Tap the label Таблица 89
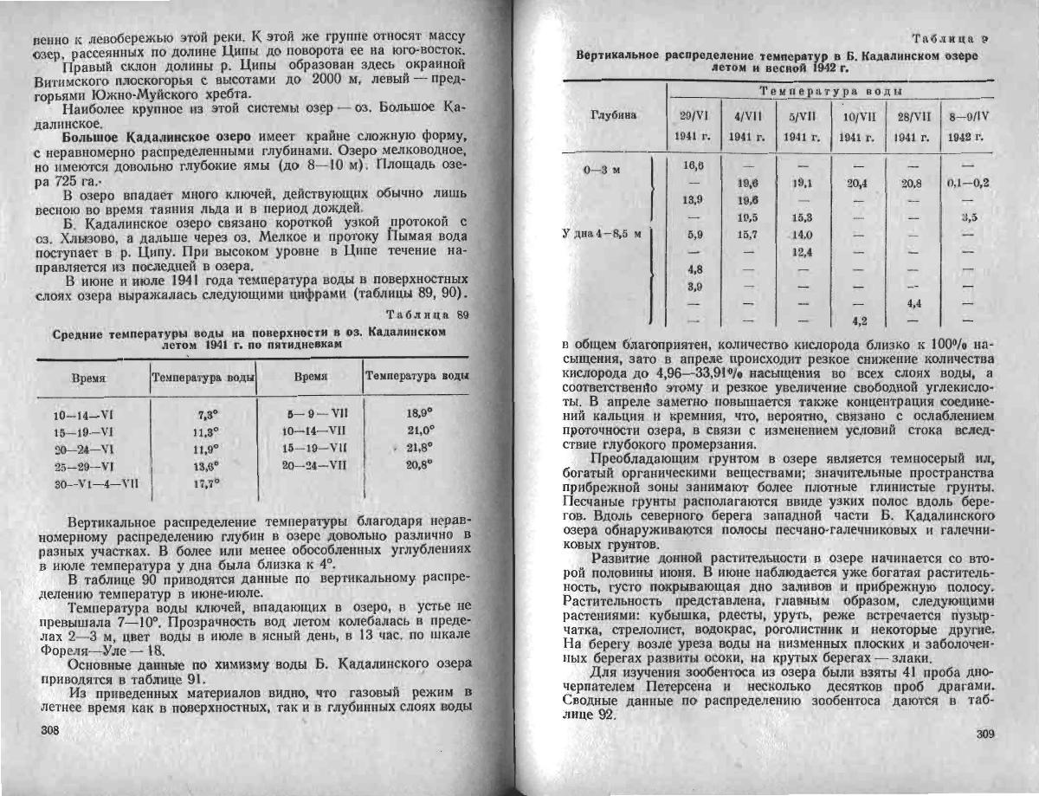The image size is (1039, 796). [426, 314]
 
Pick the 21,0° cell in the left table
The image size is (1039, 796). [420, 430]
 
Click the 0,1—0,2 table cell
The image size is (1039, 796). [968, 184]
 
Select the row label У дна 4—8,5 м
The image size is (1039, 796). [604, 233]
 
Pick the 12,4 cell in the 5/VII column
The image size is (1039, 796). [802, 252]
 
